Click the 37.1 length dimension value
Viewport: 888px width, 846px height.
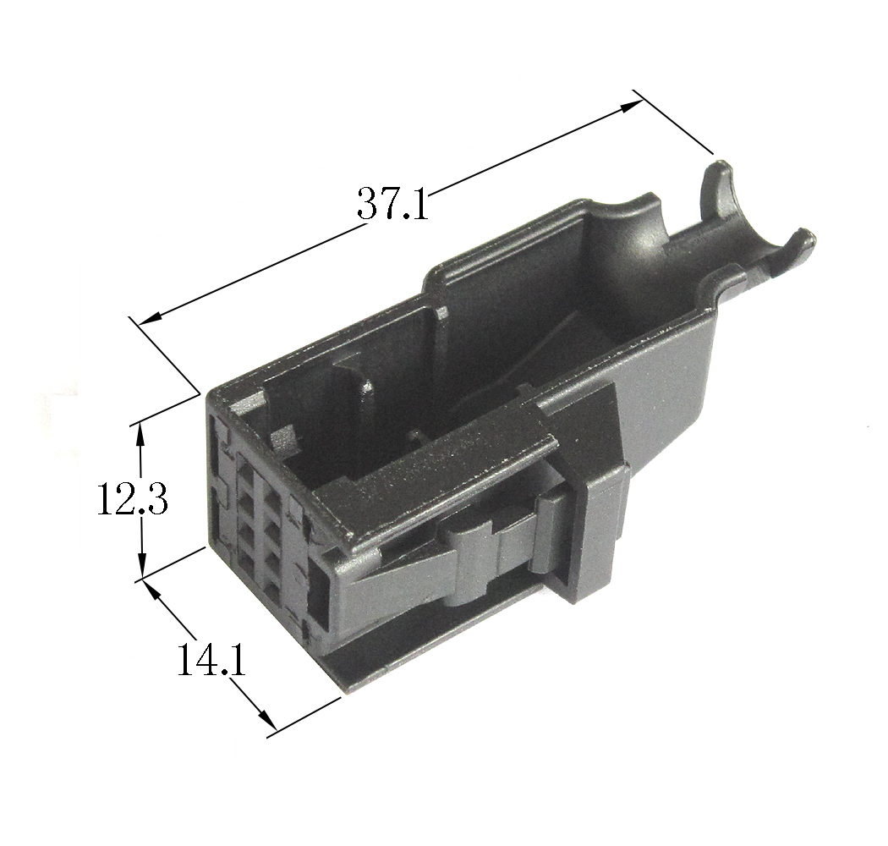(x=392, y=203)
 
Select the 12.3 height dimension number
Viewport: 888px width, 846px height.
(x=132, y=497)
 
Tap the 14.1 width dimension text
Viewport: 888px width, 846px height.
(x=211, y=659)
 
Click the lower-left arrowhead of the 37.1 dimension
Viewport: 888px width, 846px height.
(x=149, y=318)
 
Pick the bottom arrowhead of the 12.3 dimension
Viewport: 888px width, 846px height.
(x=141, y=568)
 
